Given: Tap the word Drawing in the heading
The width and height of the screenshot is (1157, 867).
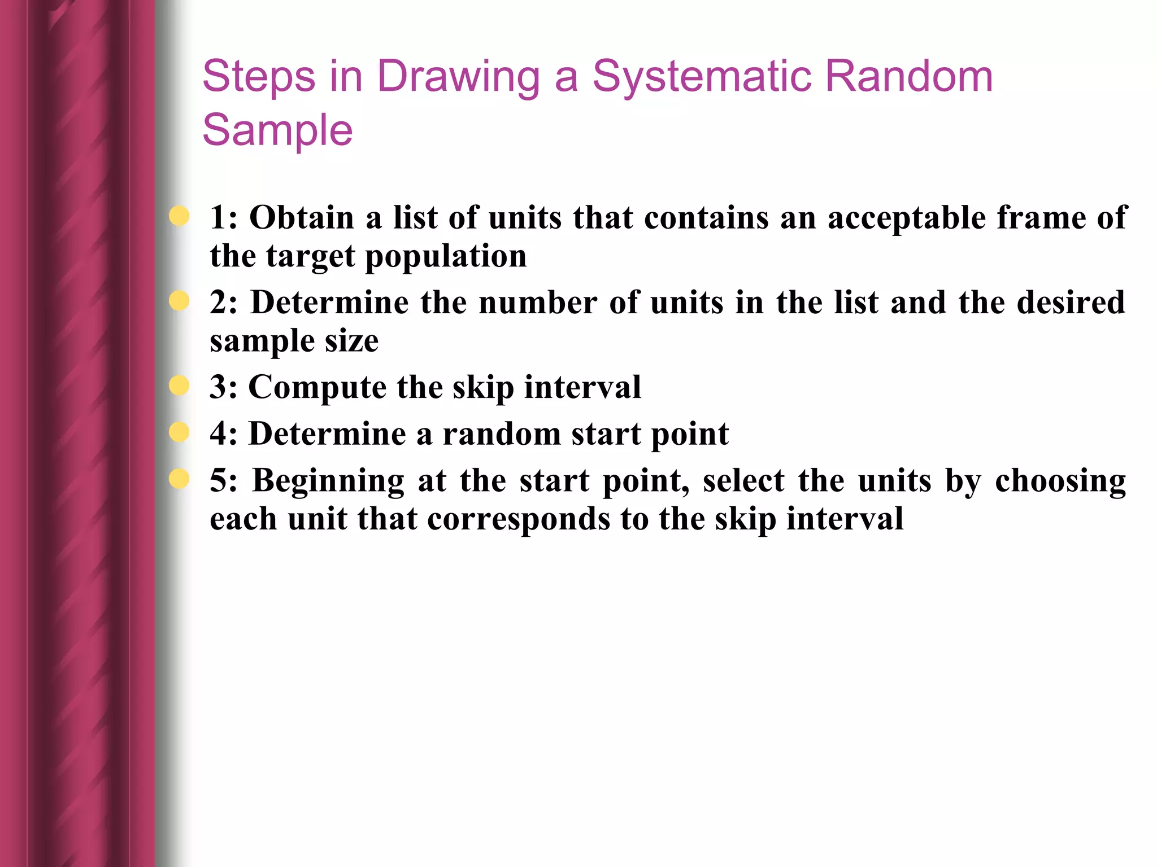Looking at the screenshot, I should coord(458,77).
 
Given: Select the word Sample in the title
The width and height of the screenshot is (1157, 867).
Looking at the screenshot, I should coord(277,130).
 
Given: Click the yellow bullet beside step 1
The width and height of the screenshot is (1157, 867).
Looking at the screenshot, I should coord(179,216).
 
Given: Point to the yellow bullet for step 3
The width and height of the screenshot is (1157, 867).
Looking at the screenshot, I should coord(179,386).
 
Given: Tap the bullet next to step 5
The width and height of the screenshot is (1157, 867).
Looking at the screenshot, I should coord(179,479).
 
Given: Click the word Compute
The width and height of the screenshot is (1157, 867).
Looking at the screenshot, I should coord(317,388).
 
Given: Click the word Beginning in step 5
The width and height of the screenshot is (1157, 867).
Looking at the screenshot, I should coord(328,481).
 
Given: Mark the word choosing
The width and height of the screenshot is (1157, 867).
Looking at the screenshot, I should coord(1060,481).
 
